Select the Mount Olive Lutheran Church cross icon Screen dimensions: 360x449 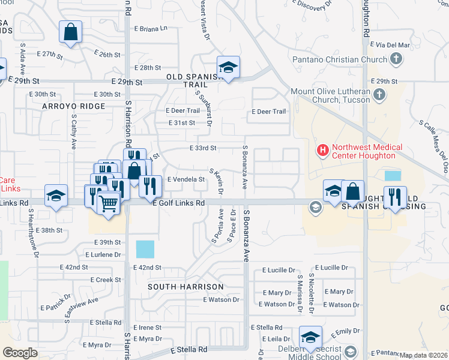click(x=379, y=95)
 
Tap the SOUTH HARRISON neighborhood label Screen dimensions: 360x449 click(x=186, y=287)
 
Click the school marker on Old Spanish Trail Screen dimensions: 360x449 click(x=228, y=69)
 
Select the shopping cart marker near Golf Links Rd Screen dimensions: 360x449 click(x=108, y=205)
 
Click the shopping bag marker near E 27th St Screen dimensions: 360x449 click(x=71, y=33)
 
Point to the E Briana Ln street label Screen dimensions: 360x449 click(x=151, y=28)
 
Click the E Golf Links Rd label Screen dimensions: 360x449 click(x=179, y=203)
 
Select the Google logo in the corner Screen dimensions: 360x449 click(x=20, y=353)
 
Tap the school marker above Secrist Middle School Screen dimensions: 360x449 click(x=310, y=338)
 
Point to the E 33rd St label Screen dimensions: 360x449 click(x=202, y=148)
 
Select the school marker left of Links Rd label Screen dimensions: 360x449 click(x=56, y=197)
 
